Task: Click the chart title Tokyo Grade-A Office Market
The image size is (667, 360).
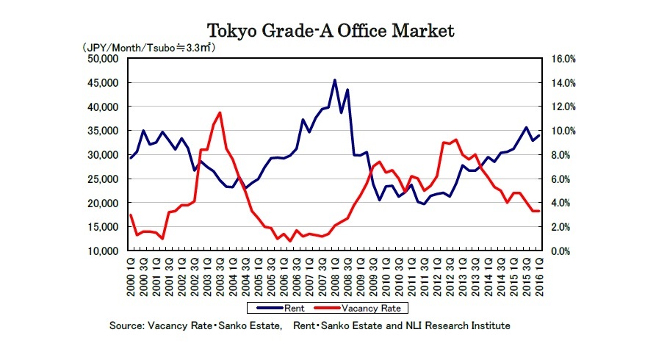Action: click(331, 31)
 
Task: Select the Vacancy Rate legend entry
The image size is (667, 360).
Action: click(374, 309)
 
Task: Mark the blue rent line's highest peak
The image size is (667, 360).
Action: click(335, 80)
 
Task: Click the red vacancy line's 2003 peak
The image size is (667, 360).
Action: click(220, 112)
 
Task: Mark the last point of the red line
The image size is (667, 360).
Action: click(539, 211)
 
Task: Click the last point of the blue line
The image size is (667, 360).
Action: click(539, 135)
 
